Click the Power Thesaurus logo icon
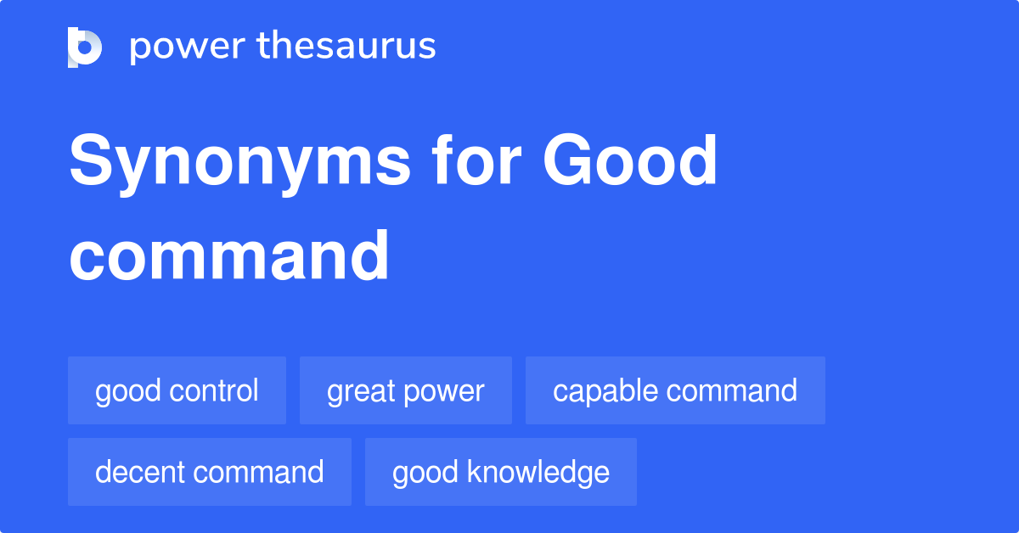pyautogui.click(x=85, y=47)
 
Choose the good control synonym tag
pyautogui.click(x=177, y=390)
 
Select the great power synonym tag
pyautogui.click(x=405, y=390)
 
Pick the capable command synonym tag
pyautogui.click(x=675, y=390)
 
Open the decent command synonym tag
pyautogui.click(x=209, y=472)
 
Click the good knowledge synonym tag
pyautogui.click(x=500, y=472)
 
